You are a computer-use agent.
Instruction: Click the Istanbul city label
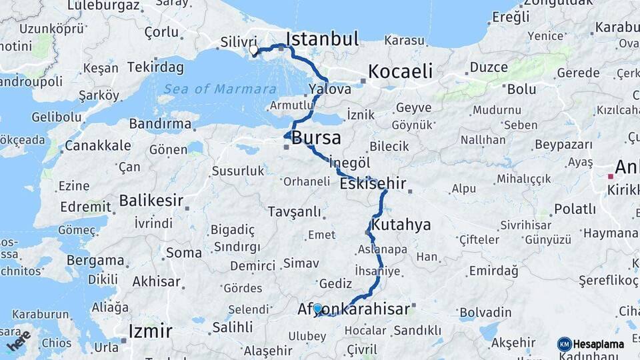point(323,38)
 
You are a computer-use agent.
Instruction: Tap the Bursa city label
point(316,139)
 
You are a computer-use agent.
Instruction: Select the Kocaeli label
point(400,71)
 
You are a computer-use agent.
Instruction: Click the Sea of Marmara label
point(221,89)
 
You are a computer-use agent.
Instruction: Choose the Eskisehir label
point(373,183)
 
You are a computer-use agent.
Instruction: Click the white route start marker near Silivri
point(253,50)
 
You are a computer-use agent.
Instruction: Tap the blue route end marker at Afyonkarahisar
point(317,309)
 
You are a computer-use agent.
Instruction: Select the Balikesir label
point(151,200)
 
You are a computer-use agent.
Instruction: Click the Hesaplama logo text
point(599,344)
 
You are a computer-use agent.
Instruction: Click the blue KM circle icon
point(564,344)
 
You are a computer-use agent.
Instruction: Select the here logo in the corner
point(19,340)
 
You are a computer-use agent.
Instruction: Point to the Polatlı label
point(575,209)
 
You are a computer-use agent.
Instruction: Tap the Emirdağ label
point(493,271)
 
